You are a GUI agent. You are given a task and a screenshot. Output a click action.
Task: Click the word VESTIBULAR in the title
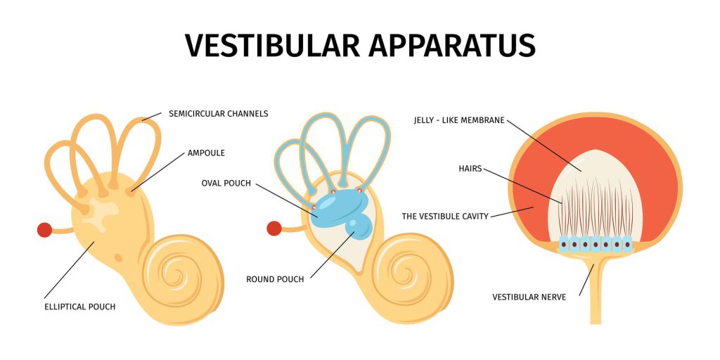[x=272, y=46]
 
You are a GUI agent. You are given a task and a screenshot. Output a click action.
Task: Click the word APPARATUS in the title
[x=452, y=46]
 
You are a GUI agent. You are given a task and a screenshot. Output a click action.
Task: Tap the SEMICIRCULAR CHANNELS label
[x=218, y=113]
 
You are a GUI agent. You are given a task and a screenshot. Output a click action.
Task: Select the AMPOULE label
[x=206, y=153]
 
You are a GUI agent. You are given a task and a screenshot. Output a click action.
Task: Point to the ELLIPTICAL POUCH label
[x=80, y=307]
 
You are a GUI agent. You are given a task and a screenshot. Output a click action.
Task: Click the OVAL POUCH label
[x=226, y=184]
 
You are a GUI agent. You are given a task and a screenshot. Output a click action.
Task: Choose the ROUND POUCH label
[x=275, y=279]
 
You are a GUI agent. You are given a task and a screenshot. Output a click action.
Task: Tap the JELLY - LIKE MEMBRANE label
[x=459, y=120]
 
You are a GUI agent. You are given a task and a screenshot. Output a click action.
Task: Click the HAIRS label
[x=470, y=169]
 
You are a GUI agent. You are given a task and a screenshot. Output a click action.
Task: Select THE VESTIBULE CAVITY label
[x=445, y=216]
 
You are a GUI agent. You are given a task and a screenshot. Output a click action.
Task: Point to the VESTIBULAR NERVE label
[x=529, y=297]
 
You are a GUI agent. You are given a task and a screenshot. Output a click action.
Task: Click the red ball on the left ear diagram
[x=44, y=230]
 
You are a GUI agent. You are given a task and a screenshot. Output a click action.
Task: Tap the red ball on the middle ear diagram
[x=274, y=229]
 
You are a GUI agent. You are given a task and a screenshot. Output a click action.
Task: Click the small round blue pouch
[x=358, y=227]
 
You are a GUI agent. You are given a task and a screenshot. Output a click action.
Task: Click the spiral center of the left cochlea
[x=175, y=276]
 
